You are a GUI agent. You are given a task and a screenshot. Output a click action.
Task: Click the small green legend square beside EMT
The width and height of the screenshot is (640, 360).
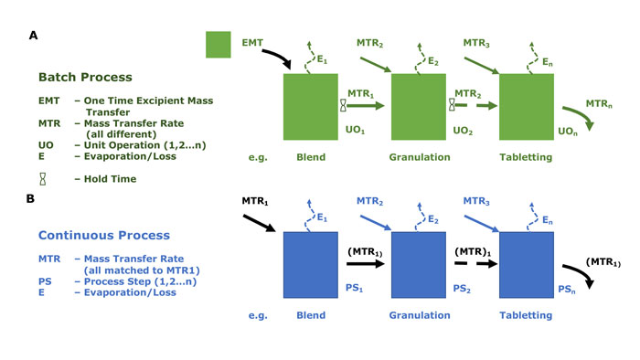[x=218, y=43]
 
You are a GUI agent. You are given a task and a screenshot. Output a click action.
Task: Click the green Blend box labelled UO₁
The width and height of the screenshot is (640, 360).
[x=311, y=106]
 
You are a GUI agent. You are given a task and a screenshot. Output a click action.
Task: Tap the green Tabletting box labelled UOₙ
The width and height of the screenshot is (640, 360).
[x=527, y=106]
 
